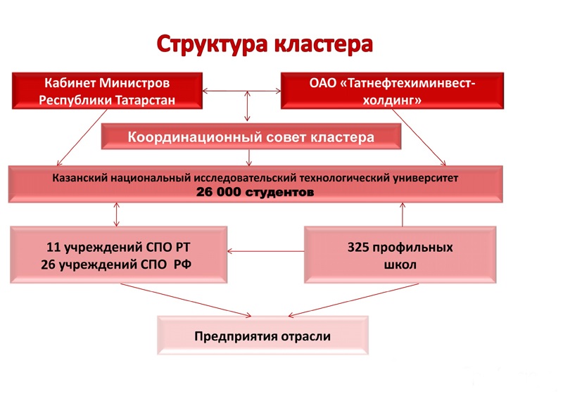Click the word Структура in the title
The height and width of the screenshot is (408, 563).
tap(209, 44)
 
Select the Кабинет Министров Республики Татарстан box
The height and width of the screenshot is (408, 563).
tap(107, 91)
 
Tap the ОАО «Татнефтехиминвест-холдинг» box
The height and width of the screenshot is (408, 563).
tap(392, 91)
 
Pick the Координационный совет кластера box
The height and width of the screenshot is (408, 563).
tap(251, 136)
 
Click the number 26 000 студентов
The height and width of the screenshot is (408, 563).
tap(255, 191)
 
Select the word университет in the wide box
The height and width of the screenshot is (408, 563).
tap(425, 178)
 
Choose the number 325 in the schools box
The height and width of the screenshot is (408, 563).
tap(360, 248)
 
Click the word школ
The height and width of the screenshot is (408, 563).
tap(400, 264)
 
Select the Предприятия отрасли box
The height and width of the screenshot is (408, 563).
tap(262, 336)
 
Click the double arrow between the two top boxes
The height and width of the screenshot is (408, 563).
tap(242, 91)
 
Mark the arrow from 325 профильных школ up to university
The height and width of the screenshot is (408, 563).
tap(403, 214)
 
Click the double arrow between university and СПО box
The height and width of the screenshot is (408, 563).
tap(117, 213)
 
